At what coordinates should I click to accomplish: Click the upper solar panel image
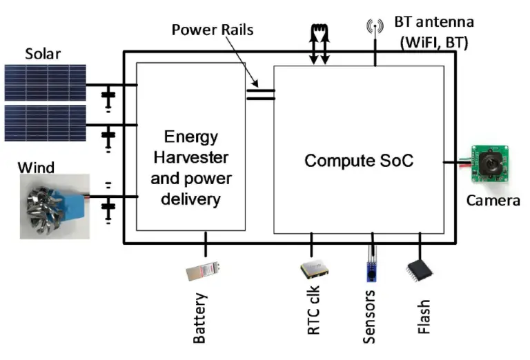45,83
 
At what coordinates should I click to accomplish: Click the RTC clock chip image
313,268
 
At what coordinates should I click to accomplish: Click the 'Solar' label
43,54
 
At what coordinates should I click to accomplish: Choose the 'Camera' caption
493,201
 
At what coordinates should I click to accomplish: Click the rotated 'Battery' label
200,319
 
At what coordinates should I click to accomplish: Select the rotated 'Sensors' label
370,319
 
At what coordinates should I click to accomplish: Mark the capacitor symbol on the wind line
108,204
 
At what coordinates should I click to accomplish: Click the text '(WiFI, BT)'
434,42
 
